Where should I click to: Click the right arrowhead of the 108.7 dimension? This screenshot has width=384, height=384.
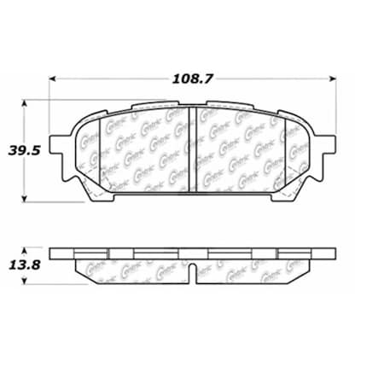(334, 78)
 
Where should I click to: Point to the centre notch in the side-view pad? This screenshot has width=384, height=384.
(193, 275)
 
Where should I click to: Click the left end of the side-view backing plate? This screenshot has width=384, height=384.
(54, 254)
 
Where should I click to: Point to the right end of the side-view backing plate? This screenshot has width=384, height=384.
(334, 254)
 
